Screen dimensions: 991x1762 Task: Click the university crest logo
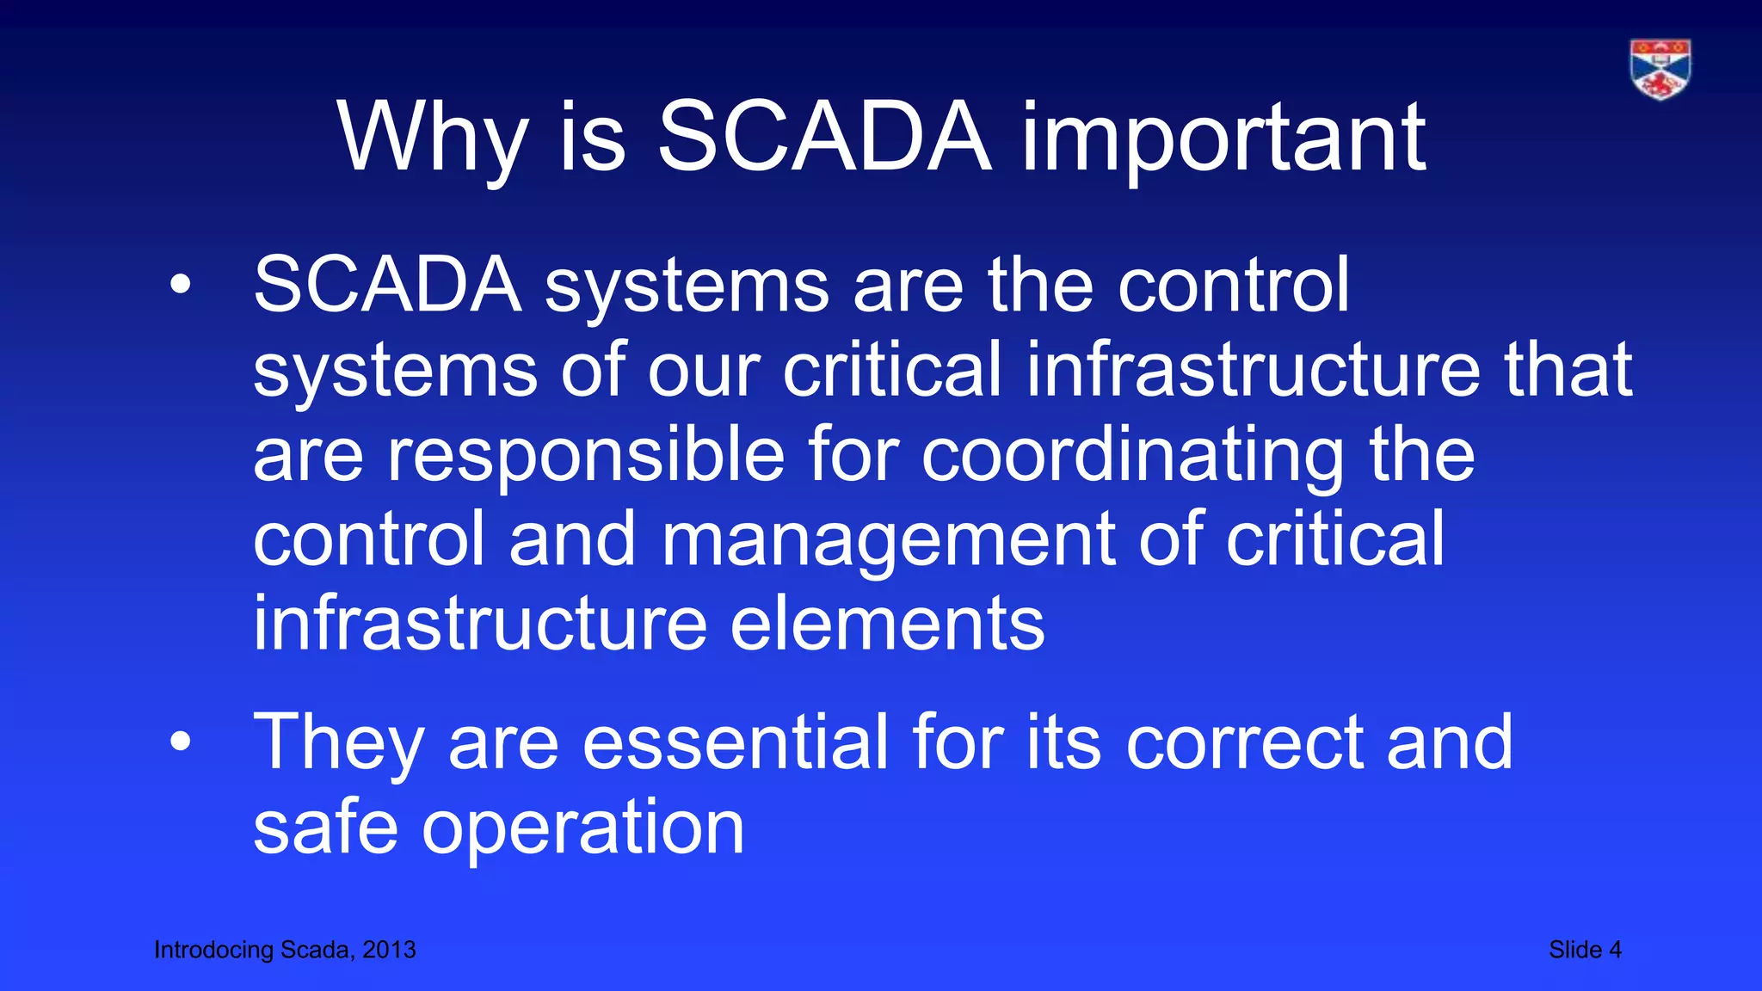[1660, 69]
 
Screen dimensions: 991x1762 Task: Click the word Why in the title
[432, 138]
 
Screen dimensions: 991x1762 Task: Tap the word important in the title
[1224, 138]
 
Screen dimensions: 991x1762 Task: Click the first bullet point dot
[180, 286]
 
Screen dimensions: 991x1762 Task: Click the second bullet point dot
[180, 742]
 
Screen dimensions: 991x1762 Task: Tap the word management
[889, 540]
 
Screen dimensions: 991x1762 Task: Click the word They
[338, 742]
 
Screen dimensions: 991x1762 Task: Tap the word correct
[1244, 742]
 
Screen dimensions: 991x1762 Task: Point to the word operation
[582, 828]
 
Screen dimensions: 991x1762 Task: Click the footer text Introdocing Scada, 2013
[285, 950]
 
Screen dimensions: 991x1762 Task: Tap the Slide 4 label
[1585, 950]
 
